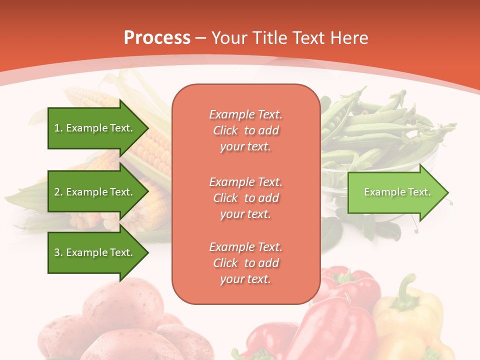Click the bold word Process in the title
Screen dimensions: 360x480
(157, 38)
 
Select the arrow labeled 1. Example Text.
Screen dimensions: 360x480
(93, 128)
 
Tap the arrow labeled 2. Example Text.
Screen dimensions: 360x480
(93, 192)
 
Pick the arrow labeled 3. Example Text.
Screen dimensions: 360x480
(93, 252)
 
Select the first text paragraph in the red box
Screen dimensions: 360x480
(245, 130)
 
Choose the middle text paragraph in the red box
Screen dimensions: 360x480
(245, 198)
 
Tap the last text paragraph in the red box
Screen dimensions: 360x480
(245, 263)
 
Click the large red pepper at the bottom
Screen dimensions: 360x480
(330, 330)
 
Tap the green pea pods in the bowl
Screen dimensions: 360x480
(370, 130)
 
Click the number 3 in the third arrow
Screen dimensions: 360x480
(56, 252)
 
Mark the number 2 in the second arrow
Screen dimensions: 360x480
(56, 192)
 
